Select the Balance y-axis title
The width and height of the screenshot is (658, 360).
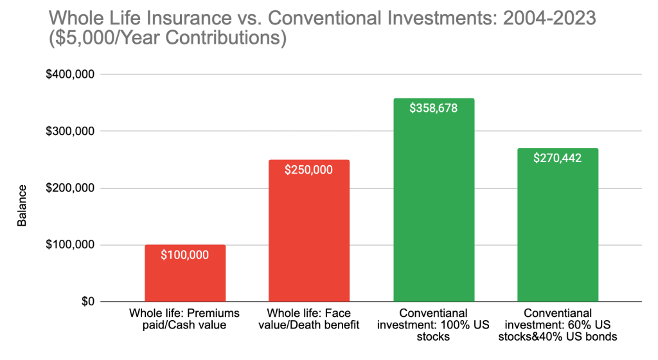[22, 205]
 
